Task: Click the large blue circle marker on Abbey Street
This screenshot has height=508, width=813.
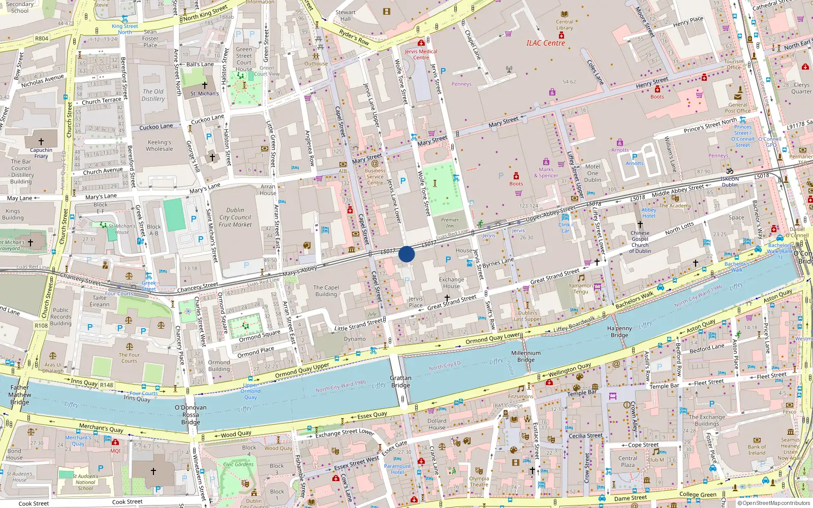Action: tap(407, 254)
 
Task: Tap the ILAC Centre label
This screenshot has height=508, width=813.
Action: tap(545, 43)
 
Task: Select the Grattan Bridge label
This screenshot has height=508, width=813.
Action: tap(400, 382)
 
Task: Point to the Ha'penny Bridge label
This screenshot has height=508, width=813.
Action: tap(619, 332)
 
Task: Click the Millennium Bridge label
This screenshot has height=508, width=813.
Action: tap(526, 356)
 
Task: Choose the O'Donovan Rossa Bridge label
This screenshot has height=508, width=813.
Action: tap(191, 415)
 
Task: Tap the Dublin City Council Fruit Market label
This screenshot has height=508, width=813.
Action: tap(235, 217)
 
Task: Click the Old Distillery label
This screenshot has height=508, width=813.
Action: tap(153, 95)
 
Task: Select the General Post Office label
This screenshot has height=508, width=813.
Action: tap(737, 108)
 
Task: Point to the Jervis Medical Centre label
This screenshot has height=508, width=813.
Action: tap(421, 54)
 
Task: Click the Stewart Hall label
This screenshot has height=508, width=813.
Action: tap(346, 15)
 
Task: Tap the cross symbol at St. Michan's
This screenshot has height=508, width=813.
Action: tap(204, 85)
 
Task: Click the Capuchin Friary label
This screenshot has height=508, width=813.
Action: tap(41, 153)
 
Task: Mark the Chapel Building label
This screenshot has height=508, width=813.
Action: tap(326, 291)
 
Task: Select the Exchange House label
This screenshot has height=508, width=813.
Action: tap(451, 282)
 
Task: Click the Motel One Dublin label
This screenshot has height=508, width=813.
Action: tap(592, 173)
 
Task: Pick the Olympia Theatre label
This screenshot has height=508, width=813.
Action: tap(479, 482)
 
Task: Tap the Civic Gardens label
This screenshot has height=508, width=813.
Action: tap(238, 464)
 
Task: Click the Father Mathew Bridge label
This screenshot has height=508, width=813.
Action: tap(19, 394)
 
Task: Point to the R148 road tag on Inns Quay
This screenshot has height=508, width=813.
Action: tap(106, 385)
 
